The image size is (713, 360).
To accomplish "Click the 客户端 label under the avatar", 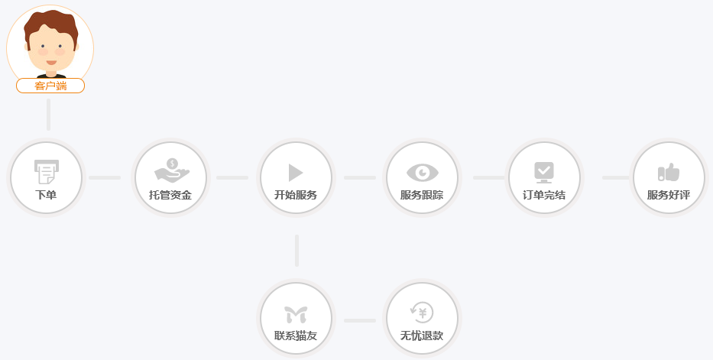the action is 50,86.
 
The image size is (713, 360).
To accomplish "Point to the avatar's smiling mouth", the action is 51,62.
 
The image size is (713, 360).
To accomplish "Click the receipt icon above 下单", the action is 47,172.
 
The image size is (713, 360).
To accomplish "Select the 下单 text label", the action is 46,195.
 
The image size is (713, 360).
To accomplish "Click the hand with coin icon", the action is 172,170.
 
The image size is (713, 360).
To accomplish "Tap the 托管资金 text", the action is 170,195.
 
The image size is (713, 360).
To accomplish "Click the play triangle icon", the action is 296,173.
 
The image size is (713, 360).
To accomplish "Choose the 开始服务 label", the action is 296,195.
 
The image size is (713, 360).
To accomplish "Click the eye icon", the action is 422,172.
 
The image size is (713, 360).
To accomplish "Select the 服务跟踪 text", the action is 422,195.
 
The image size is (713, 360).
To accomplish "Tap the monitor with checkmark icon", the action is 544,172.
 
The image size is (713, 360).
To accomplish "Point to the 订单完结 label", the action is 544,195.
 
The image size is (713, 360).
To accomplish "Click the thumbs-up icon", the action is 669,172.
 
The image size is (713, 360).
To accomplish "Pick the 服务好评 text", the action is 669,195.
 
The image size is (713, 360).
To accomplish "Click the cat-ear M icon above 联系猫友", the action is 296,315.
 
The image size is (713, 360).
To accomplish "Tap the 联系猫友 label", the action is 296,336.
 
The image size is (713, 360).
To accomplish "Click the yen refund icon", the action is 422,313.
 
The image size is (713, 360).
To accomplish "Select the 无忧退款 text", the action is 422,336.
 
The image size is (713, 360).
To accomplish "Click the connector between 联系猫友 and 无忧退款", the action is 360,320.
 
